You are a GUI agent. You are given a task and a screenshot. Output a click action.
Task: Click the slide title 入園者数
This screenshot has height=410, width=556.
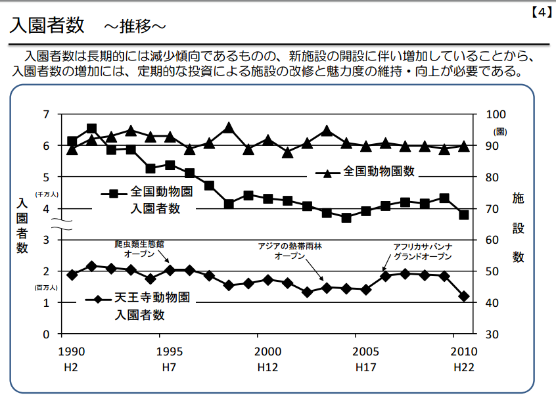click(x=47, y=26)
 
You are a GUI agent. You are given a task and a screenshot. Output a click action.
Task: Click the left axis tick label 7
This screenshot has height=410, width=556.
click(x=46, y=114)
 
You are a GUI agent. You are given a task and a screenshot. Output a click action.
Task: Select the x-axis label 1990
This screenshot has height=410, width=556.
click(x=71, y=352)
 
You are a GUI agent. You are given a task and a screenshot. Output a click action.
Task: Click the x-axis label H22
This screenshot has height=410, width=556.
click(x=464, y=367)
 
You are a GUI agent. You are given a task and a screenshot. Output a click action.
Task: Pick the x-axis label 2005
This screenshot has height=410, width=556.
click(x=365, y=352)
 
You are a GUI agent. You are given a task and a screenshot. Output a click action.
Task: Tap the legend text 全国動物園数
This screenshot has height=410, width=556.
click(x=379, y=171)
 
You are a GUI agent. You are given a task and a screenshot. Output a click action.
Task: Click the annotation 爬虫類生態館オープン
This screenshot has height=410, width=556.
click(x=139, y=248)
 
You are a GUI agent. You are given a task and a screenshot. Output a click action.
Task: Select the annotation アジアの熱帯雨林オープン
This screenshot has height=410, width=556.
click(x=290, y=251)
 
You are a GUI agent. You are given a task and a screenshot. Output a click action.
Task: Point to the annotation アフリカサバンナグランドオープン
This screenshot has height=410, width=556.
click(x=423, y=251)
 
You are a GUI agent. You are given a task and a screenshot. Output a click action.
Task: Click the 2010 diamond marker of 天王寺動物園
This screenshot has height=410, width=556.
click(x=464, y=296)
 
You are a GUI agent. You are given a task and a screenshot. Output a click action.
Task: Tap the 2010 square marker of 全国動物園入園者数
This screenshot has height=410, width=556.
click(x=464, y=215)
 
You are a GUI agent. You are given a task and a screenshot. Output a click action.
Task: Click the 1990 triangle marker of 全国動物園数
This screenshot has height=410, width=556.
click(x=72, y=149)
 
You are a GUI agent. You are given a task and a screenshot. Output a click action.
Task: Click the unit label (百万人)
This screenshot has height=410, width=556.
click(x=47, y=287)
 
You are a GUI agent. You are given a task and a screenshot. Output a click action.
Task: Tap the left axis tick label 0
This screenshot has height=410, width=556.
click(x=46, y=334)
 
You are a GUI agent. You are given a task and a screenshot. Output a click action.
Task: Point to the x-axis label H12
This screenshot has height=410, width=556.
click(x=267, y=367)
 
